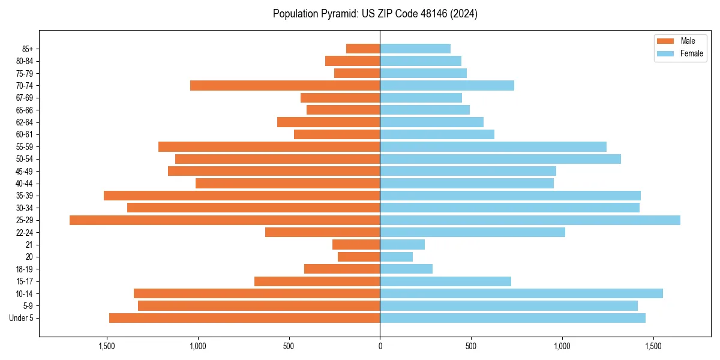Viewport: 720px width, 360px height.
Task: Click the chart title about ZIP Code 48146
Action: (x=375, y=14)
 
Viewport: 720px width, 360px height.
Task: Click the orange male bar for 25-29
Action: (x=224, y=220)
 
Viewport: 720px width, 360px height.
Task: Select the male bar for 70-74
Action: (x=285, y=86)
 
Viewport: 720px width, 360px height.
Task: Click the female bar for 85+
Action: (x=415, y=49)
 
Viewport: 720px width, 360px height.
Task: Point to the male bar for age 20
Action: (x=359, y=257)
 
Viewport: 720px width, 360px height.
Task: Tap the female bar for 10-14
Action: (x=521, y=293)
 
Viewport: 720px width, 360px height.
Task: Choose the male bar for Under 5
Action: (x=244, y=318)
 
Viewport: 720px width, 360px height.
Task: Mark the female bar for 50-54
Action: (x=500, y=159)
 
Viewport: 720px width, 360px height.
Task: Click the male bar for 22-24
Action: (x=322, y=232)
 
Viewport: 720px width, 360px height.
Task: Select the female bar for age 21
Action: (x=402, y=245)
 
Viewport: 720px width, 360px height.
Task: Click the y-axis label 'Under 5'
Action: (x=21, y=318)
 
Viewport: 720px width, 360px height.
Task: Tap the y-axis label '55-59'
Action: (x=24, y=147)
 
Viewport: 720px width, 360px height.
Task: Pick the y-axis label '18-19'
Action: (x=24, y=269)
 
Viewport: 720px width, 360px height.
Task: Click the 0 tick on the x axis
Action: (x=380, y=346)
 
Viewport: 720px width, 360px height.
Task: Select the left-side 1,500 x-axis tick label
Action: (x=106, y=346)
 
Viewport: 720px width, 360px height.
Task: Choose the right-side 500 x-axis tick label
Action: (x=471, y=346)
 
